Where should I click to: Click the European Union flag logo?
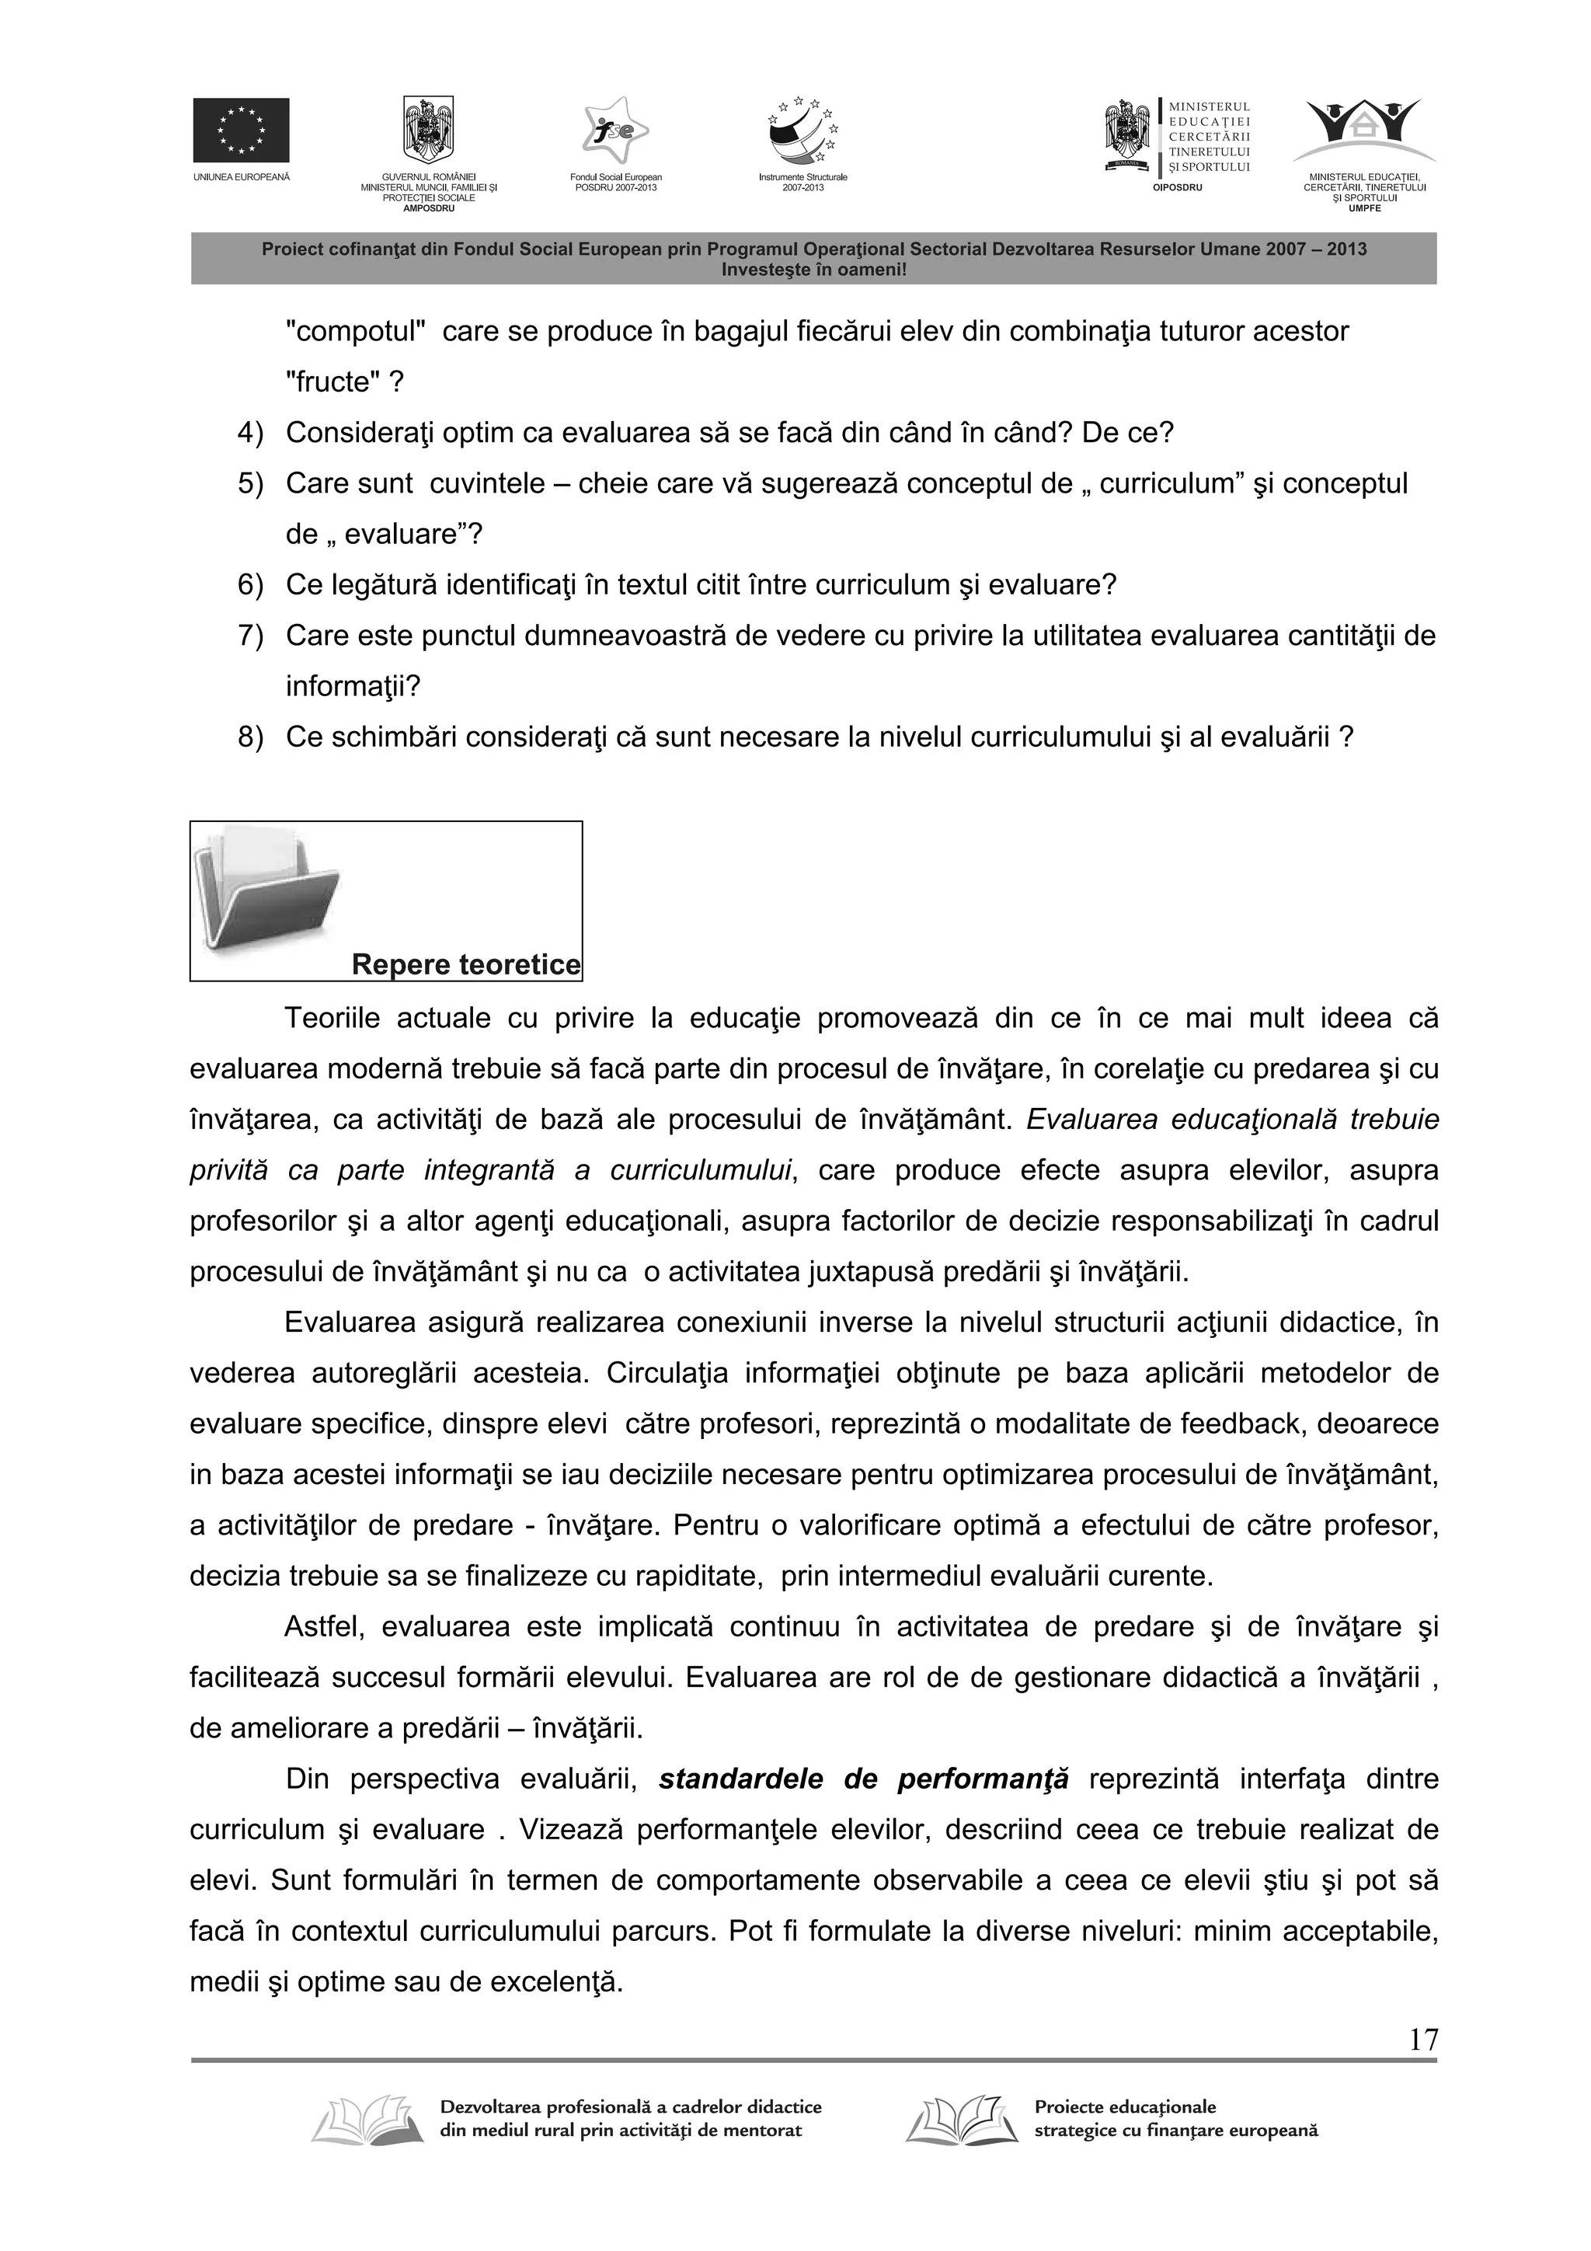click(240, 130)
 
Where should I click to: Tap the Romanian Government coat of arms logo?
click(428, 131)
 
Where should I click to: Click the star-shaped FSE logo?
click(614, 131)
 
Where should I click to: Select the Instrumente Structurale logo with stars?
click(802, 132)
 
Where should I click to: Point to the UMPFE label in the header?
click(1363, 207)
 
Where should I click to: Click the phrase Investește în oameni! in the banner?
click(813, 269)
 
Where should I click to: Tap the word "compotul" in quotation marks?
click(355, 331)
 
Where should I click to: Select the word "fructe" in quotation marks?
click(334, 382)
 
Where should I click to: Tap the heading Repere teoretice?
click(465, 965)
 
